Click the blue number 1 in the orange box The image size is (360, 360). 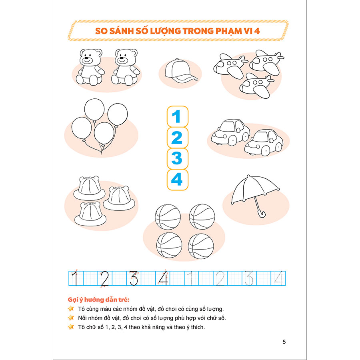(x=176, y=117)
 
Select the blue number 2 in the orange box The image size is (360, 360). (x=177, y=138)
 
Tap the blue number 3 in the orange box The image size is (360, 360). (x=177, y=158)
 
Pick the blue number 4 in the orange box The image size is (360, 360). (x=177, y=179)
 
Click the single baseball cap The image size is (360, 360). (x=181, y=71)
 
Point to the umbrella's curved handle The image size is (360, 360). (x=261, y=214)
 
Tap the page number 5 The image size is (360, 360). (x=284, y=342)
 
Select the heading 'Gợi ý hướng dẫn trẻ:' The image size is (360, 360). (x=98, y=300)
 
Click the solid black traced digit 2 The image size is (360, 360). (x=105, y=279)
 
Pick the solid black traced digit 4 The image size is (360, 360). (x=163, y=278)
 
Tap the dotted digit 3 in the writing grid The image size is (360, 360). (x=249, y=278)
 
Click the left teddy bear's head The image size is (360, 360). (x=91, y=57)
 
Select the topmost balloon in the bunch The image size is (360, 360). (x=94, y=110)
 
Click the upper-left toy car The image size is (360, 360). (x=231, y=132)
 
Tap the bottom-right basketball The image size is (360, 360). (x=201, y=246)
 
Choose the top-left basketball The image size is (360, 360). (x=168, y=217)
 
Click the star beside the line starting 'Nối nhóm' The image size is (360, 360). (x=71, y=318)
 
